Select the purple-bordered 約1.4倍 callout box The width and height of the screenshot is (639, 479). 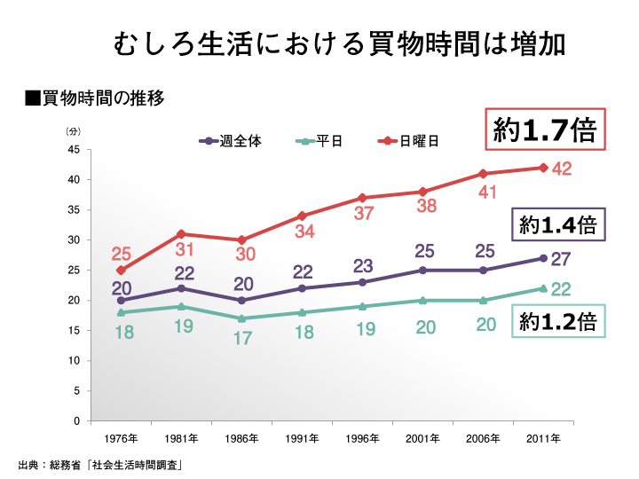click(x=558, y=225)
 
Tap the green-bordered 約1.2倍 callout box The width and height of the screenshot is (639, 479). click(x=558, y=321)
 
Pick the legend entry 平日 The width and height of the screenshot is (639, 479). click(x=322, y=141)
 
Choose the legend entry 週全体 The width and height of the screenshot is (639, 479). click(x=233, y=141)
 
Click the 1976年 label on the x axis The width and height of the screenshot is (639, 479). click(x=121, y=439)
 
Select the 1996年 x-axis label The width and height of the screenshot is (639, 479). click(x=362, y=439)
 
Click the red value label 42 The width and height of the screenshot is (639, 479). click(x=562, y=169)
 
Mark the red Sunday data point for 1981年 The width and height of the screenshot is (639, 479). click(x=181, y=233)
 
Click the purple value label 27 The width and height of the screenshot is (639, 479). click(x=562, y=259)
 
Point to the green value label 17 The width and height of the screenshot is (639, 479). click(x=243, y=338)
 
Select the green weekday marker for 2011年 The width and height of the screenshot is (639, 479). click(x=543, y=288)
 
